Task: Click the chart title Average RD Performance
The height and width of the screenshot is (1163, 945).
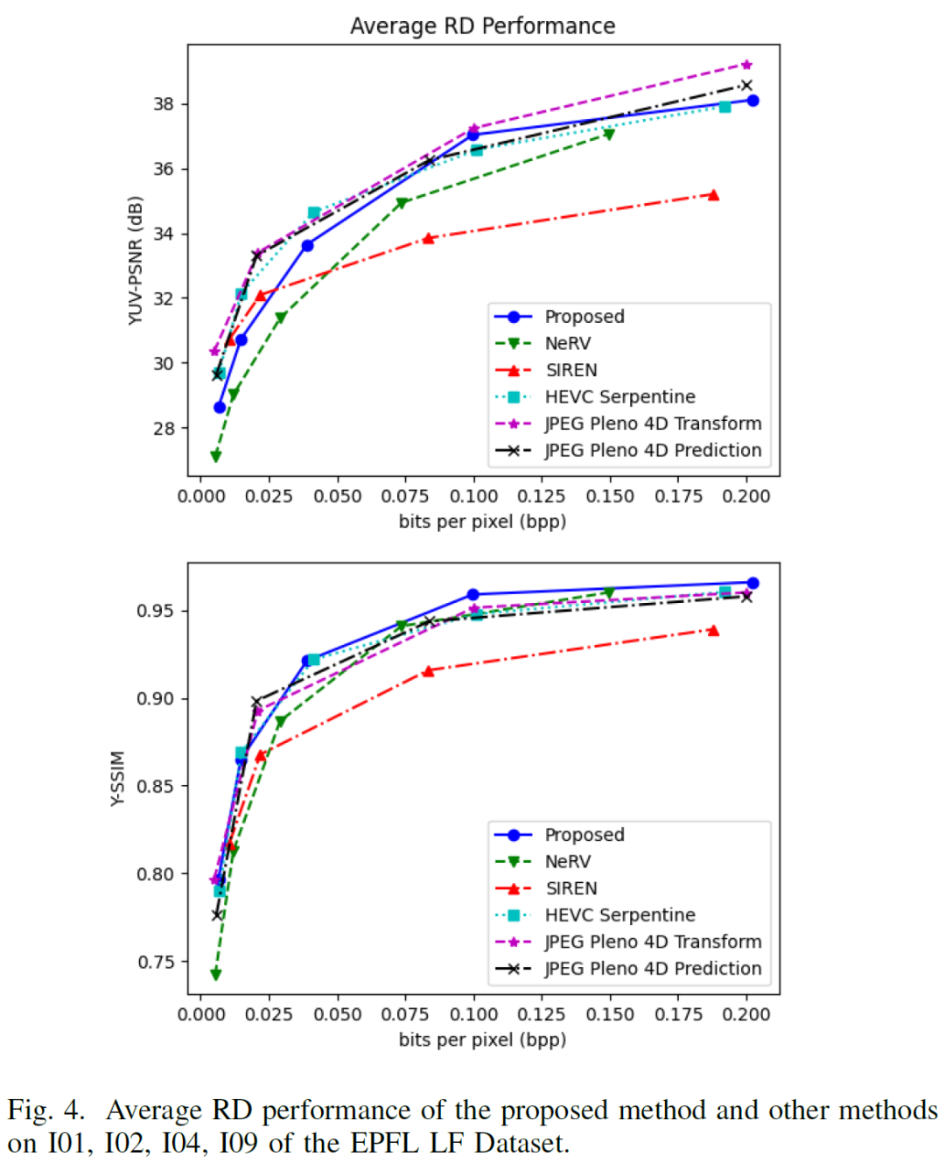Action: click(482, 26)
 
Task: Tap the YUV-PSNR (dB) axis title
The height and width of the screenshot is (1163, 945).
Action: click(135, 261)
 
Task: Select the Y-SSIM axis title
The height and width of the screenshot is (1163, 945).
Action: click(118, 778)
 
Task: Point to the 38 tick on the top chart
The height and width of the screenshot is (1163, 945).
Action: click(164, 104)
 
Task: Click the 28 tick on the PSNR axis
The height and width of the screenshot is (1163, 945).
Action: click(164, 429)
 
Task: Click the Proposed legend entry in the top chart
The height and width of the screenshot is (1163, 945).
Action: click(584, 317)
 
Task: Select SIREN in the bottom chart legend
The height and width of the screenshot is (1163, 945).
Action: click(571, 888)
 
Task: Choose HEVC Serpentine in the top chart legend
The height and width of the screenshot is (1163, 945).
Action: click(619, 397)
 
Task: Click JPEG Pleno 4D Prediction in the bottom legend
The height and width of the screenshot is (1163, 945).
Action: click(653, 969)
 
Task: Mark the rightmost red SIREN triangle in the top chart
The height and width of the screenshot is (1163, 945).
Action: click(713, 195)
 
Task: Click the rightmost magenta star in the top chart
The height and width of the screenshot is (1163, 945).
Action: click(746, 65)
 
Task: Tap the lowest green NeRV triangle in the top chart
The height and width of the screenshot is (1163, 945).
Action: click(216, 456)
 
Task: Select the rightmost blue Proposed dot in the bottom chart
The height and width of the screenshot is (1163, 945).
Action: click(752, 583)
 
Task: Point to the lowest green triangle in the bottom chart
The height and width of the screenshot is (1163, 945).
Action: click(216, 974)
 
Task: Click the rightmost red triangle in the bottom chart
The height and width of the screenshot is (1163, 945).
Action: click(713, 630)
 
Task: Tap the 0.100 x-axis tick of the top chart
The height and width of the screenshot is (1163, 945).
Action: click(474, 496)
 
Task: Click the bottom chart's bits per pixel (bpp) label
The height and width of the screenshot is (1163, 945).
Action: click(482, 1040)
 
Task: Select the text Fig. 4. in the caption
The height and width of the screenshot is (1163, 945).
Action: click(46, 1110)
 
